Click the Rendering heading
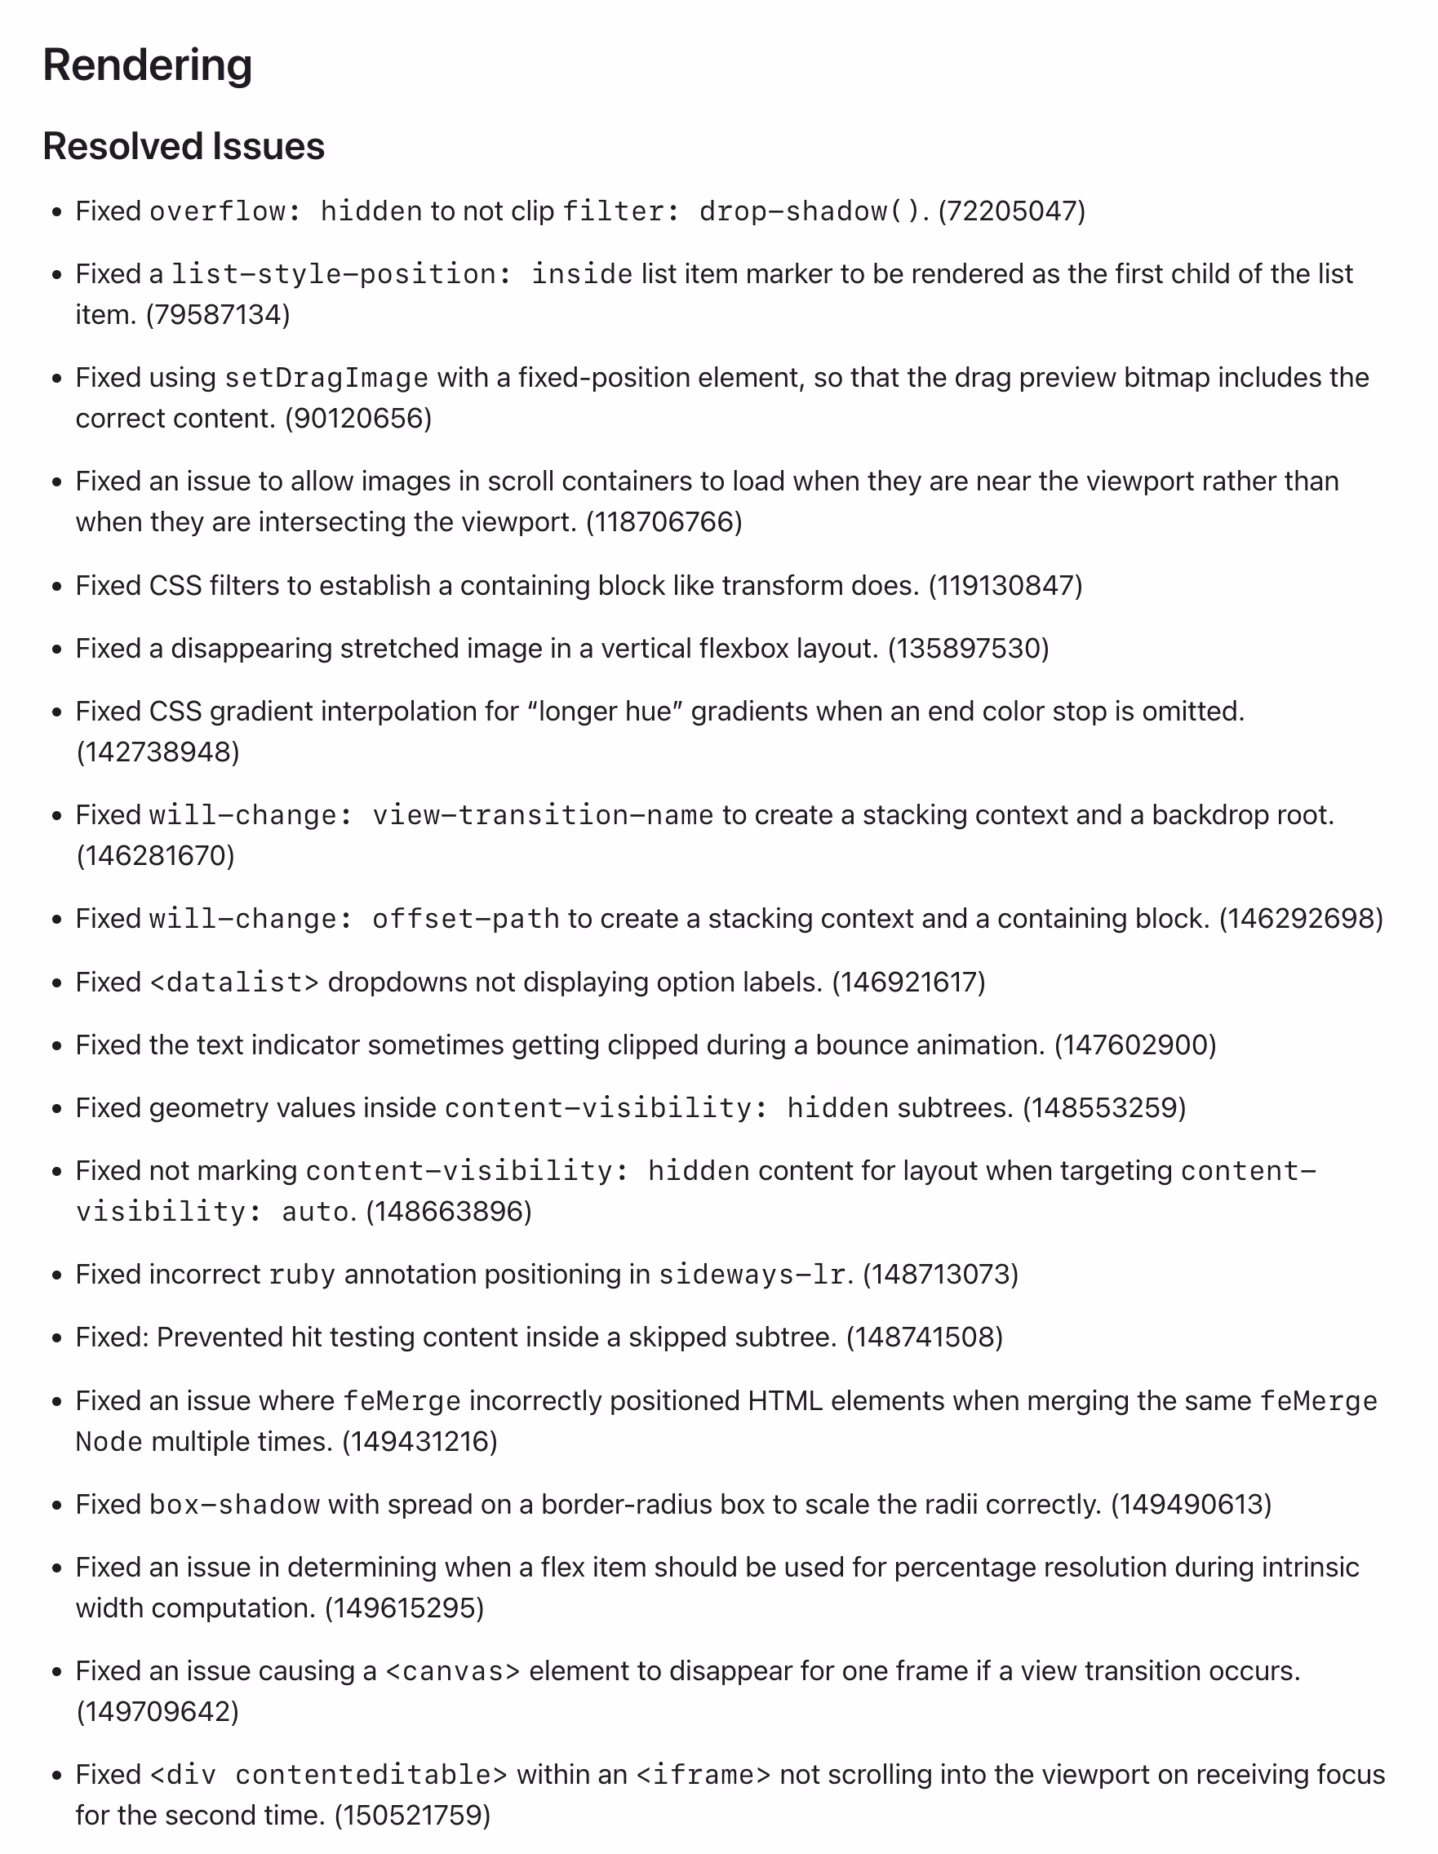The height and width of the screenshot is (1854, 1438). pos(148,65)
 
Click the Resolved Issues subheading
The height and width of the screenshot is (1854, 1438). pos(184,146)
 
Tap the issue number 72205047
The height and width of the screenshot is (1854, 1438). pos(1012,211)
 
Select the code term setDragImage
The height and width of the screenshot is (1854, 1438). pos(326,378)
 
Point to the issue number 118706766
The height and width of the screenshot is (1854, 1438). pos(664,522)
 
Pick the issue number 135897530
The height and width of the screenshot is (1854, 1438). pos(969,649)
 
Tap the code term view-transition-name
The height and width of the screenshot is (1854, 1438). pos(544,815)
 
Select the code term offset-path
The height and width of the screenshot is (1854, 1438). pos(466,919)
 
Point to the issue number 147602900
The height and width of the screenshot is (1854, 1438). pos(1135,1045)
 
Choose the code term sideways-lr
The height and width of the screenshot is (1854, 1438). pos(752,1275)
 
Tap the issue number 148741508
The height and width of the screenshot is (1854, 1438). pos(925,1338)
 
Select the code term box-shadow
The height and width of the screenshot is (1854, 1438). pos(234,1505)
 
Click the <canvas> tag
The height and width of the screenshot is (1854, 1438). pos(452,1671)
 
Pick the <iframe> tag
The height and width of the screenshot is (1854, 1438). pos(703,1775)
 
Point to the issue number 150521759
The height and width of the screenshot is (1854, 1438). pos(413,1816)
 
